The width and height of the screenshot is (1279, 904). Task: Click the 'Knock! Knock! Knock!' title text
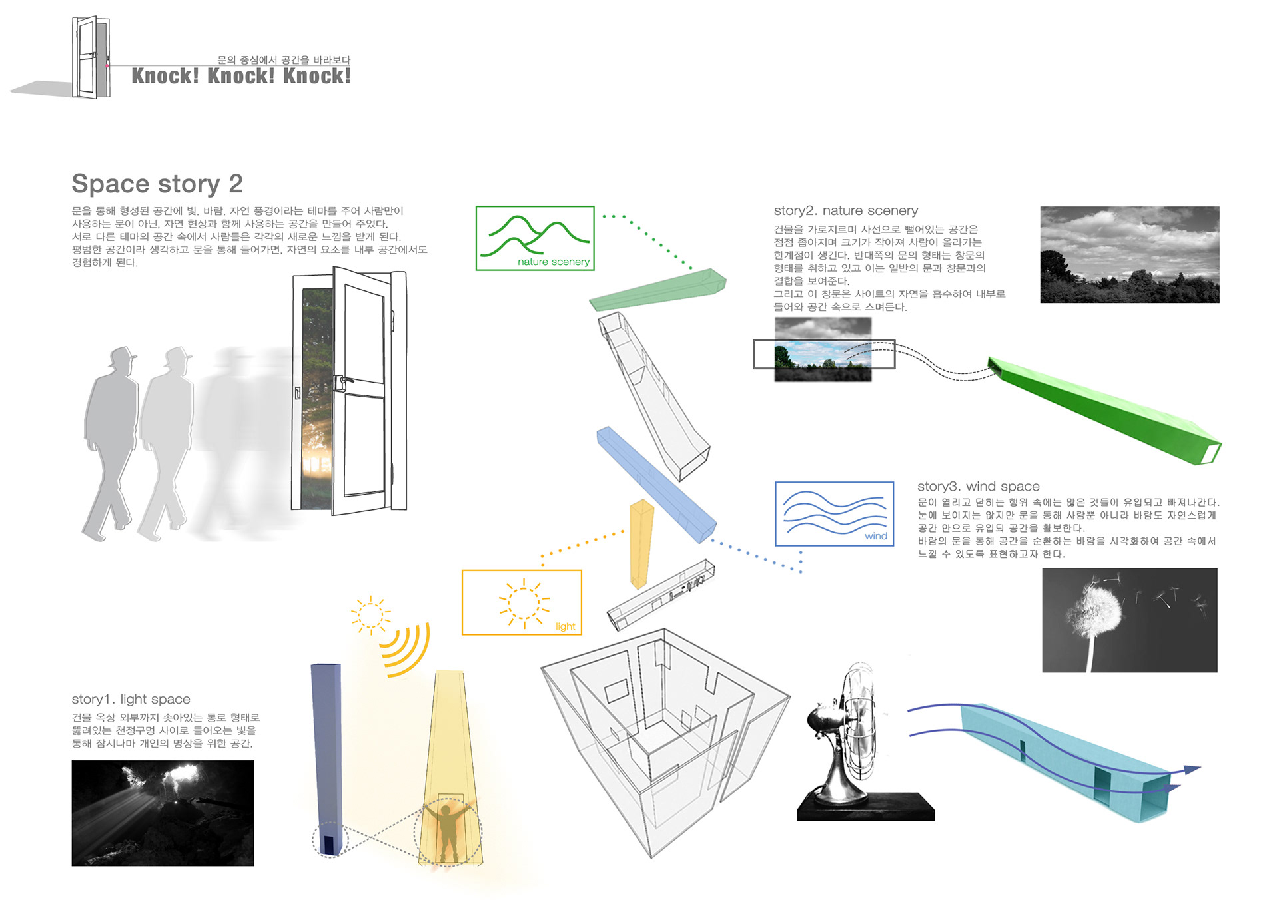coord(241,76)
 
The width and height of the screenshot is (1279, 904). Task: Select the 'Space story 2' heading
coord(157,184)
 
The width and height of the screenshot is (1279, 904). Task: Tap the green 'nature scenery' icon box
coord(535,238)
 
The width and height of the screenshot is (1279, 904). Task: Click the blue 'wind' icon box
coord(835,514)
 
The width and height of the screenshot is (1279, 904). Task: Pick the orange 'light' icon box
coord(522,602)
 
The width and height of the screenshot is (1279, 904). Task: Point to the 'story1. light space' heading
coord(131,699)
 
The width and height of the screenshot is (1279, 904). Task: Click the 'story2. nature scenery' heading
coord(846,211)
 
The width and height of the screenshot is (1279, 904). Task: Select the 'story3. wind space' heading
coord(979,487)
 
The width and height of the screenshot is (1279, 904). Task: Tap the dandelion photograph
coord(1130,620)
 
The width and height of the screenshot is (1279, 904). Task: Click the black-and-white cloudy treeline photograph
coord(1130,255)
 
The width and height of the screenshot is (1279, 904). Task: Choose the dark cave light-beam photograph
coord(163,813)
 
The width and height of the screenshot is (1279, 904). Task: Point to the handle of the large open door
coord(343,382)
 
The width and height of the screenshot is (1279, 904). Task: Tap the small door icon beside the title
coord(91,57)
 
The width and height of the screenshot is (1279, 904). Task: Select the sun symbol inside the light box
coord(524,603)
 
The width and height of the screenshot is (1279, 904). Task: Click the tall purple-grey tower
coord(328,759)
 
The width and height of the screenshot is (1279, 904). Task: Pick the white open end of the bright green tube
coord(1210,453)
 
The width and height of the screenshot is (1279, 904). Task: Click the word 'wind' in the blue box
coord(876,536)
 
